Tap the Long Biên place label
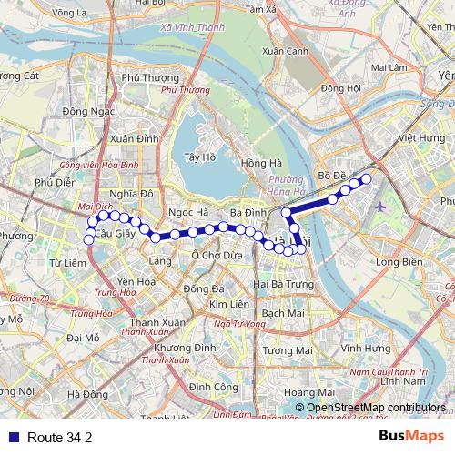[x=393, y=262]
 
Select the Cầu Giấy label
[x=115, y=234]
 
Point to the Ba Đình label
[x=248, y=213]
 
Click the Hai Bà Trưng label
[x=279, y=284]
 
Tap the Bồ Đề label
[x=329, y=174]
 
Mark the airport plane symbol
[x=379, y=205]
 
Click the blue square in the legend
[x=10, y=437]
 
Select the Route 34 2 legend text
[x=59, y=437]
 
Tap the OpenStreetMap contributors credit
[x=376, y=407]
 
